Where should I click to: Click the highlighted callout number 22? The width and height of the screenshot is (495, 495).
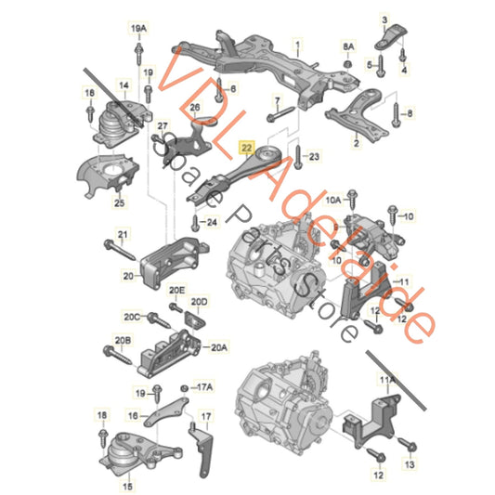246,147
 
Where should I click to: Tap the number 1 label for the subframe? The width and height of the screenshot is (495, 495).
298,44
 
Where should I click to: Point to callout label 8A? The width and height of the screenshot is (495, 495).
348,45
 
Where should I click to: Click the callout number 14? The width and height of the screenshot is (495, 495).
123,84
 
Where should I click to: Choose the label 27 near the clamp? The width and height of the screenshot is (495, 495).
163,125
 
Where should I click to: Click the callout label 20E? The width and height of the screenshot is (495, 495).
176,291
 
